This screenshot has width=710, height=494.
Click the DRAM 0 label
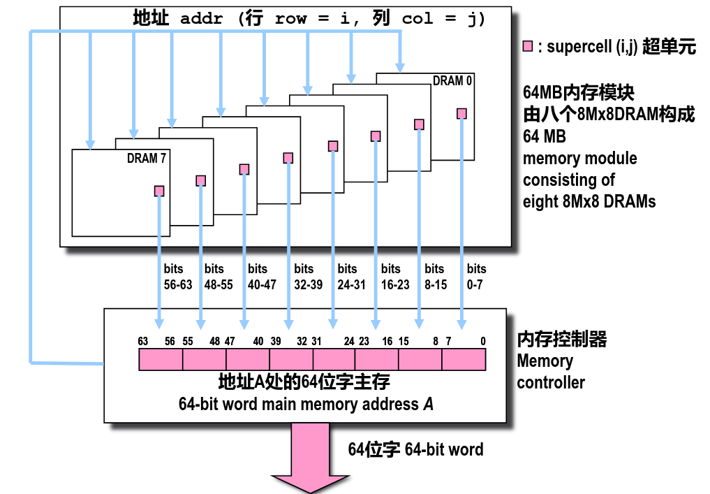pos(452,80)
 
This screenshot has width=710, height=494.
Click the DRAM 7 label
pos(147,159)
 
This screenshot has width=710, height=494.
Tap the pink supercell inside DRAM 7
pos(159,191)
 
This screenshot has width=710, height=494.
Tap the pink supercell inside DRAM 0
pos(461,113)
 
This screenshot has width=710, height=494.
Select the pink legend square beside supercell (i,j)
pos(528,47)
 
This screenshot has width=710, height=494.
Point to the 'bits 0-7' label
pos(477,277)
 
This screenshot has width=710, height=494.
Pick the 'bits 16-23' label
pos(395,277)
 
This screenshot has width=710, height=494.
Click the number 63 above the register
pos(143,341)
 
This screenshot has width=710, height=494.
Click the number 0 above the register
pos(482,341)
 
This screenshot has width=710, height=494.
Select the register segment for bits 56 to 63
pos(161,359)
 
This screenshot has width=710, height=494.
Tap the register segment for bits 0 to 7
pos(464,359)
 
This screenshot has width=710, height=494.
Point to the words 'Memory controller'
pos(550,372)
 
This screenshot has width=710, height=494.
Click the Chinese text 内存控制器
pos(561,340)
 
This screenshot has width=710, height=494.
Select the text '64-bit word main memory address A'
pos(306,404)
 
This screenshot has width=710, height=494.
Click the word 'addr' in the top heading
pos(201,19)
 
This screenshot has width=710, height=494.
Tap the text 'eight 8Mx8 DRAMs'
pos(589,201)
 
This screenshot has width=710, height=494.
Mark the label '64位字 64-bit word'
pos(415,449)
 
